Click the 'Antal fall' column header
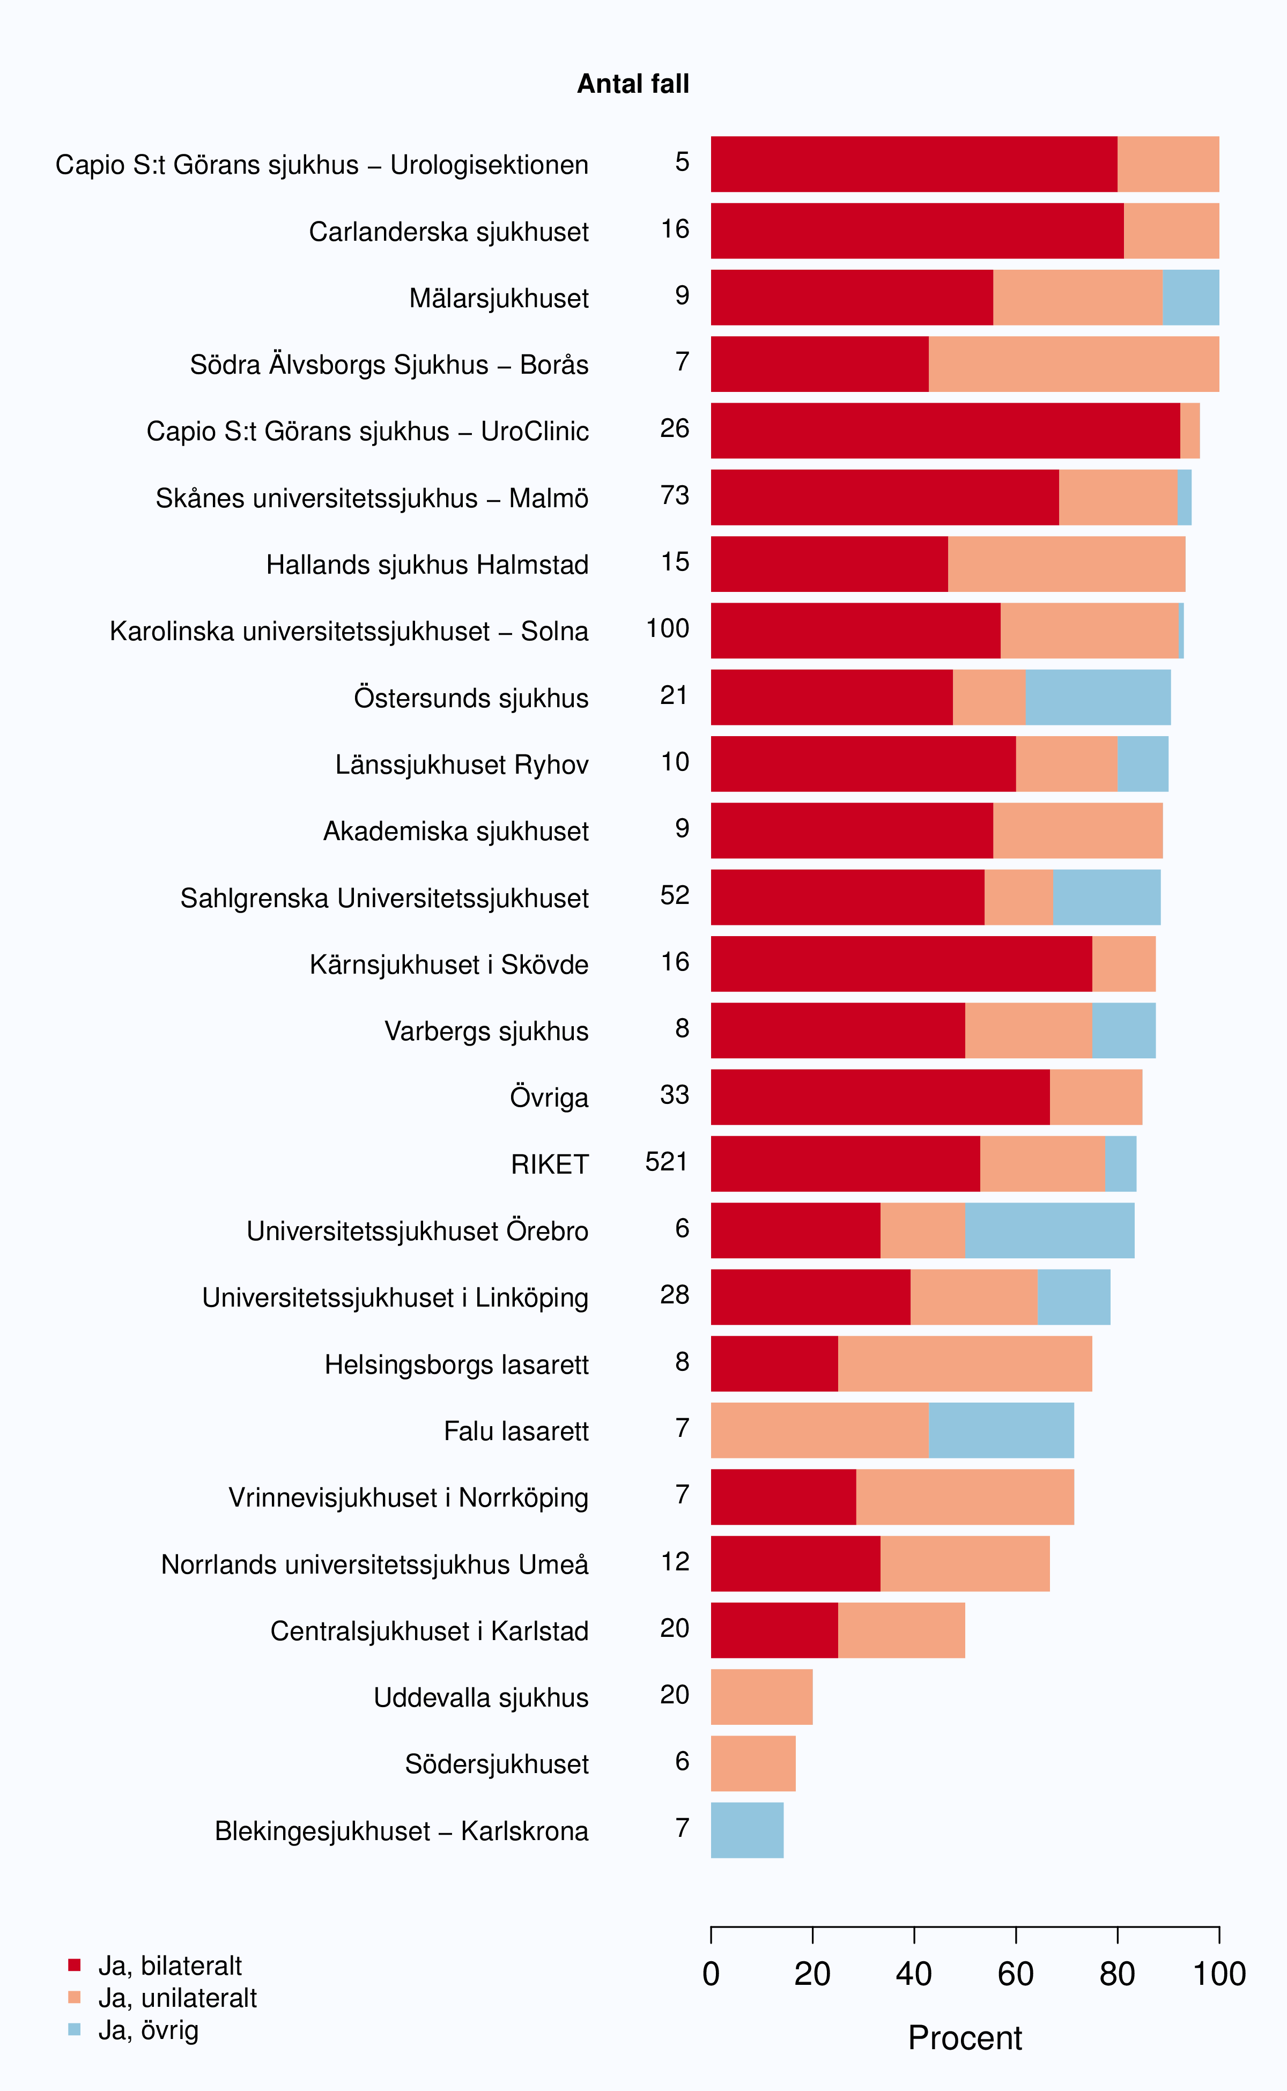[x=633, y=84]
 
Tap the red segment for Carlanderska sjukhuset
[x=917, y=231]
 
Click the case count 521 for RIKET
[x=667, y=1162]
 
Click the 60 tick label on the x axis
[x=1016, y=1974]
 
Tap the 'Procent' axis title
[x=965, y=2038]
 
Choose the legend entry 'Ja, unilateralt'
[x=177, y=1997]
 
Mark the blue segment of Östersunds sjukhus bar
[x=1098, y=697]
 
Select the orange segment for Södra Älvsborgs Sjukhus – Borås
[x=1074, y=364]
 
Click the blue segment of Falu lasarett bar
[x=1001, y=1430]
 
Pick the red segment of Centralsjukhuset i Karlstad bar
[x=774, y=1630]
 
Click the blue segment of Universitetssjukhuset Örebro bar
[x=1049, y=1230]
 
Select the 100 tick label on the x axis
[x=1219, y=1974]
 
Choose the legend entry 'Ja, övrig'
[x=148, y=2030]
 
